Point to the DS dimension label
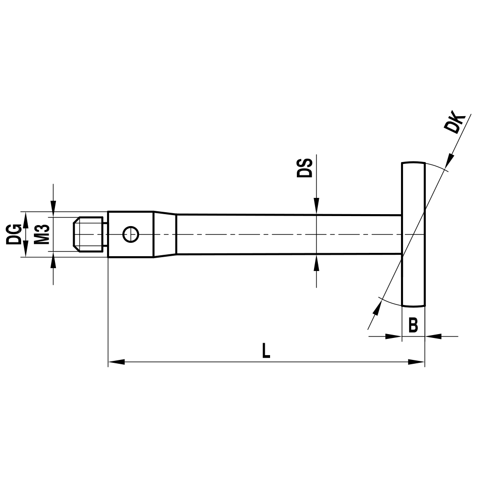pos(304,167)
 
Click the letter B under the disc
pos(413,326)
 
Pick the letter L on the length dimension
pos(266,351)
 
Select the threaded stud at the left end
pos(89,234)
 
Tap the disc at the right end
pos(413,234)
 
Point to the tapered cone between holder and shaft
pos(165,234)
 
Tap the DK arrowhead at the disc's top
pos(449,161)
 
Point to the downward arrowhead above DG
pos(53,205)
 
